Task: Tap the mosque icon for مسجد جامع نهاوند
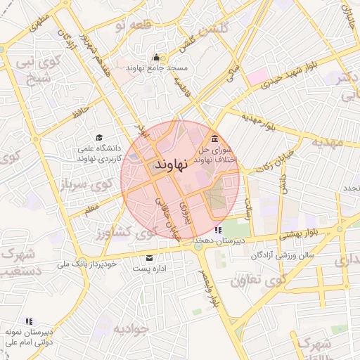pos(156,58)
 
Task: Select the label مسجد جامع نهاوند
pos(156,68)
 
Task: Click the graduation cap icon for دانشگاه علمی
pos(99,138)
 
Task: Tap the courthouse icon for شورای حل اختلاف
pos(214,138)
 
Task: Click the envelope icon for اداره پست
pos(149,257)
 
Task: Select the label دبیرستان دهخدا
pos(219,241)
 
